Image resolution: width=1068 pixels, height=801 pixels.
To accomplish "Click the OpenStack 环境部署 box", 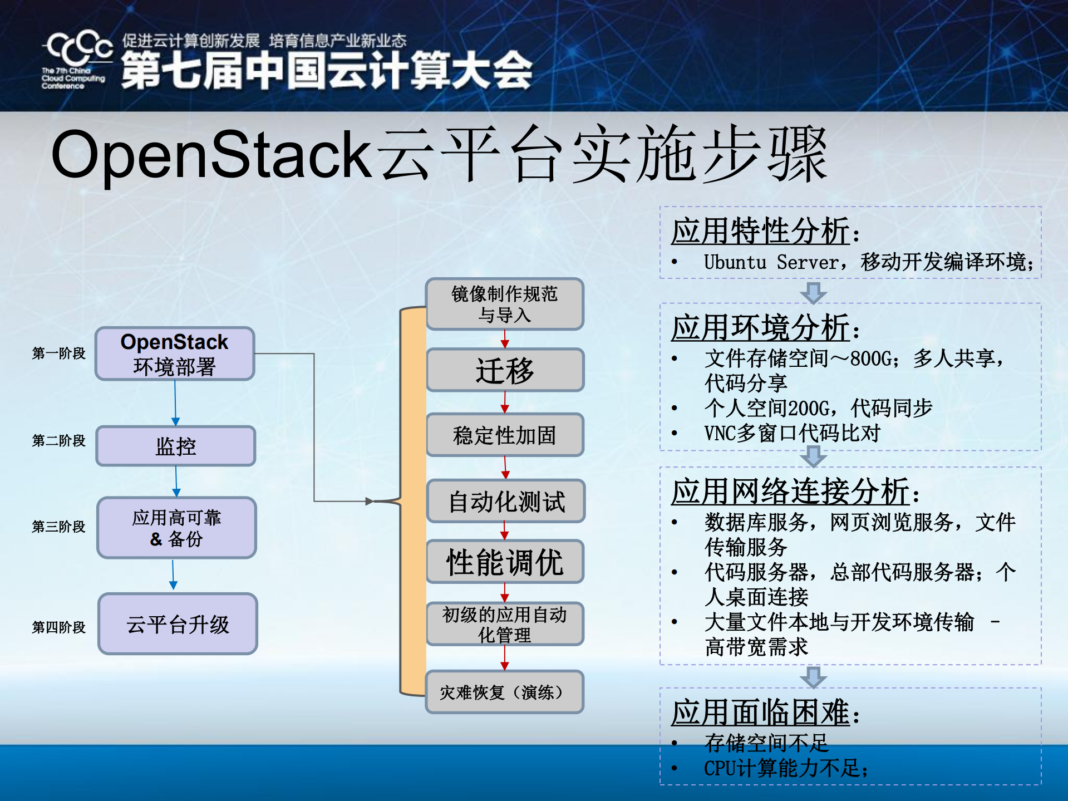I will tap(175, 354).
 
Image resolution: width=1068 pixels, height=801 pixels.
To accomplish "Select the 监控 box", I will tap(176, 446).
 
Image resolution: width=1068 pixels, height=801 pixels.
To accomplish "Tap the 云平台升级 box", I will tap(178, 624).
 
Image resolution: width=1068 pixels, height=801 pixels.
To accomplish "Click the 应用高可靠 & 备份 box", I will tap(176, 528).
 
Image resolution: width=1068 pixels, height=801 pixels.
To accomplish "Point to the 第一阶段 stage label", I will tap(58, 353).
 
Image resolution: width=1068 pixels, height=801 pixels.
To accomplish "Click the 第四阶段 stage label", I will tap(58, 627).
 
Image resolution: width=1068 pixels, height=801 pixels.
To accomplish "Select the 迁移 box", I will tap(505, 370).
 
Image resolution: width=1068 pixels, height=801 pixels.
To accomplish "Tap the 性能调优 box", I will tap(505, 562).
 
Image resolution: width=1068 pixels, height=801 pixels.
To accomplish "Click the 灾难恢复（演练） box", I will tap(504, 692).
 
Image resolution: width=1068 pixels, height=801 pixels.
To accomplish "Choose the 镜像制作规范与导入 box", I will tap(504, 304).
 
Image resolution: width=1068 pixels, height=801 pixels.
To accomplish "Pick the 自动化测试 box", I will tap(506, 501).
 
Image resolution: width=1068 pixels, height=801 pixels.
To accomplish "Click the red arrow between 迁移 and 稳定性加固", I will tap(505, 402).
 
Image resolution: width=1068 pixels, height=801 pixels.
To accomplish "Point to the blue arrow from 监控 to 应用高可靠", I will tap(176, 481).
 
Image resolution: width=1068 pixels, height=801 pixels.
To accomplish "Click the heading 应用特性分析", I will tap(760, 231).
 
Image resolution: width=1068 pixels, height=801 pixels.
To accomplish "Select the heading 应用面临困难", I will tap(760, 712).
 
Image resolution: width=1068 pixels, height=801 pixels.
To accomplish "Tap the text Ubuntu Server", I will tap(771, 262).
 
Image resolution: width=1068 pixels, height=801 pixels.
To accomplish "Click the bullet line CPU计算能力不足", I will tap(785, 769).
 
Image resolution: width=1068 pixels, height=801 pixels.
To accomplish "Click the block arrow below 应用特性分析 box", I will tap(813, 293).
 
